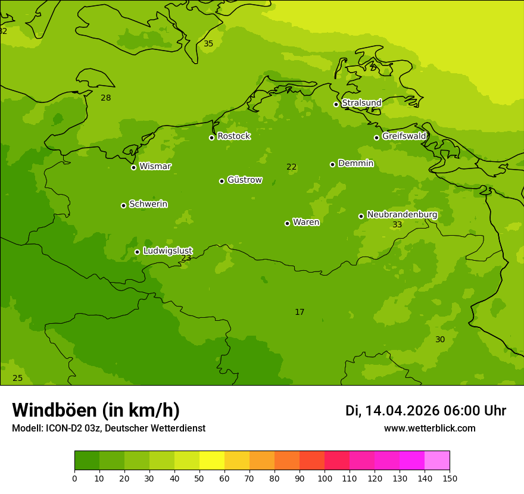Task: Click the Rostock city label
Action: pos(233,136)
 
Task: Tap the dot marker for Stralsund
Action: pos(336,104)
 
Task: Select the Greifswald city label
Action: pos(404,136)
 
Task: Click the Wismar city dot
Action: pos(133,167)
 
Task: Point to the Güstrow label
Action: pos(244,180)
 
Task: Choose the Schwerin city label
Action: pos(148,204)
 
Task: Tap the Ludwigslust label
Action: pos(167,251)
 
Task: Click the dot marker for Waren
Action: pos(287,223)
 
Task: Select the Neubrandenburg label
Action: pos(402,215)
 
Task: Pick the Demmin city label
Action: pos(355,163)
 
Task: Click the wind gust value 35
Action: pos(208,43)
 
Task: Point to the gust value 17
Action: pos(300,312)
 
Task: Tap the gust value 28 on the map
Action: pos(106,98)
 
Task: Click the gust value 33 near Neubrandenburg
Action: pos(397,225)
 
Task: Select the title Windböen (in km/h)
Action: pos(96,410)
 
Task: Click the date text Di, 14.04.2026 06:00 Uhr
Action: pos(426,411)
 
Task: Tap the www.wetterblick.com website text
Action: pos(429,429)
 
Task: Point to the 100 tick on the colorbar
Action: pos(325,478)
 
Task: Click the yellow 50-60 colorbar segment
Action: pos(212,461)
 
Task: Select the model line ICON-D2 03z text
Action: pos(108,429)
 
